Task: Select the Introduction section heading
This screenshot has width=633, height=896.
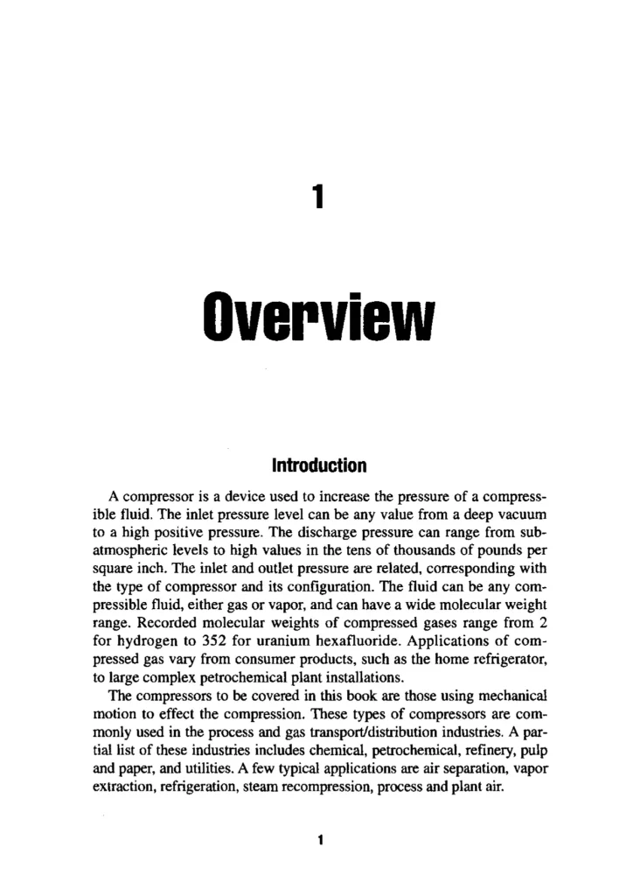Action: pos(316,462)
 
